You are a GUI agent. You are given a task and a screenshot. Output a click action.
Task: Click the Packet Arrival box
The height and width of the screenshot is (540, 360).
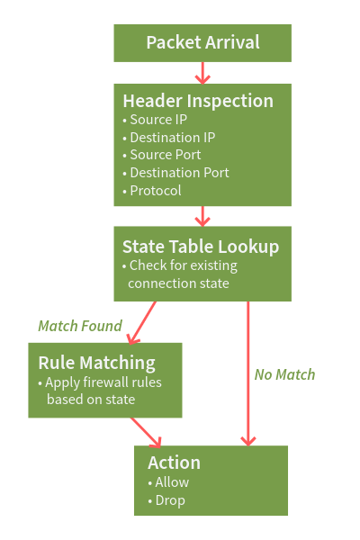(x=202, y=43)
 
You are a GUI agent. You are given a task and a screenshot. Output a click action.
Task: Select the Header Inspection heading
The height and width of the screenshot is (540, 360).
(x=198, y=101)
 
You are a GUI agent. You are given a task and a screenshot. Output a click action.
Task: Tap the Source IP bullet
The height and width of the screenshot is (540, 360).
(x=155, y=120)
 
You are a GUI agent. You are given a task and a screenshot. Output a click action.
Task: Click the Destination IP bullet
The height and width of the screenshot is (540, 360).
(x=169, y=138)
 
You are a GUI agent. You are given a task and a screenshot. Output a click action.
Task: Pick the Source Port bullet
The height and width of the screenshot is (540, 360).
(x=162, y=155)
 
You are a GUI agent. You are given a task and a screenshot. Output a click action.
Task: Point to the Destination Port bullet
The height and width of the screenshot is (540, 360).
(x=175, y=173)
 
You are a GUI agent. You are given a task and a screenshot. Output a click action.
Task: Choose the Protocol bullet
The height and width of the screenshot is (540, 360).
(x=152, y=191)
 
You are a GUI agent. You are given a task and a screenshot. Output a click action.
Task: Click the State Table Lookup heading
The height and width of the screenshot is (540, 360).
(x=201, y=247)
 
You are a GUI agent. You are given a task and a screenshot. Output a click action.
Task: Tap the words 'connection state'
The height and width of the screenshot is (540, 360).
(x=178, y=283)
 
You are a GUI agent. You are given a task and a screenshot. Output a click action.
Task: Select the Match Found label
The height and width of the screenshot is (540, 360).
(x=80, y=326)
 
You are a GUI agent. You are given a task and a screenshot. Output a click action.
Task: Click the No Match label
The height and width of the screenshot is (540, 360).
(x=285, y=374)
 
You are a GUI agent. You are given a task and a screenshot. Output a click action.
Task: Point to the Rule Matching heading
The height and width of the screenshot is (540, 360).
(x=97, y=363)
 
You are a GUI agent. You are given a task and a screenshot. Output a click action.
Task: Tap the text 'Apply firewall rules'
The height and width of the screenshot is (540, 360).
(x=100, y=382)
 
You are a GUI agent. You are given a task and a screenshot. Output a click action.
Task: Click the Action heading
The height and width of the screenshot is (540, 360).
(x=174, y=463)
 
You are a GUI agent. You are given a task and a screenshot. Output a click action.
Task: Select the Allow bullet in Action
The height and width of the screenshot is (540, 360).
(x=168, y=482)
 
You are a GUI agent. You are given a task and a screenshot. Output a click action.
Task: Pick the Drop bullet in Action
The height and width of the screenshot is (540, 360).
(x=166, y=500)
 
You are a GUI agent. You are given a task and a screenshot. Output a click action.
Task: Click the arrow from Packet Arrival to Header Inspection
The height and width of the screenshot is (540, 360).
(x=202, y=73)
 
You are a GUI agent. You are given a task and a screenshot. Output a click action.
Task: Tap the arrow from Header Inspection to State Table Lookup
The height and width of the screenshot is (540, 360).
(x=202, y=216)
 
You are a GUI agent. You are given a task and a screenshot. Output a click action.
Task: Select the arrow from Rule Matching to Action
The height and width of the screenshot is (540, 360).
(x=146, y=433)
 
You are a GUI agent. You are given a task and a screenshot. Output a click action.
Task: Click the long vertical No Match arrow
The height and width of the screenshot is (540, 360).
(x=248, y=373)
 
